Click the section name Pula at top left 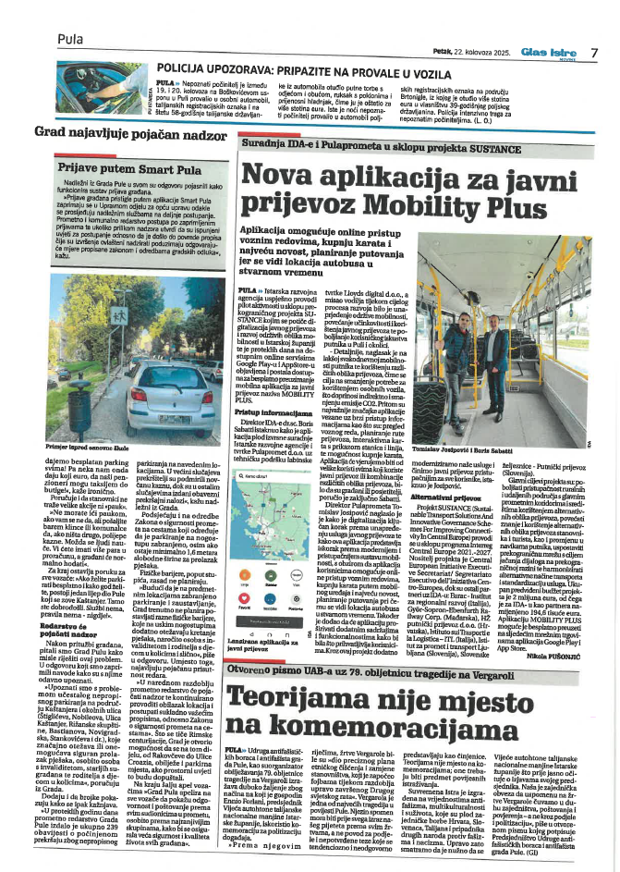point(70,39)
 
